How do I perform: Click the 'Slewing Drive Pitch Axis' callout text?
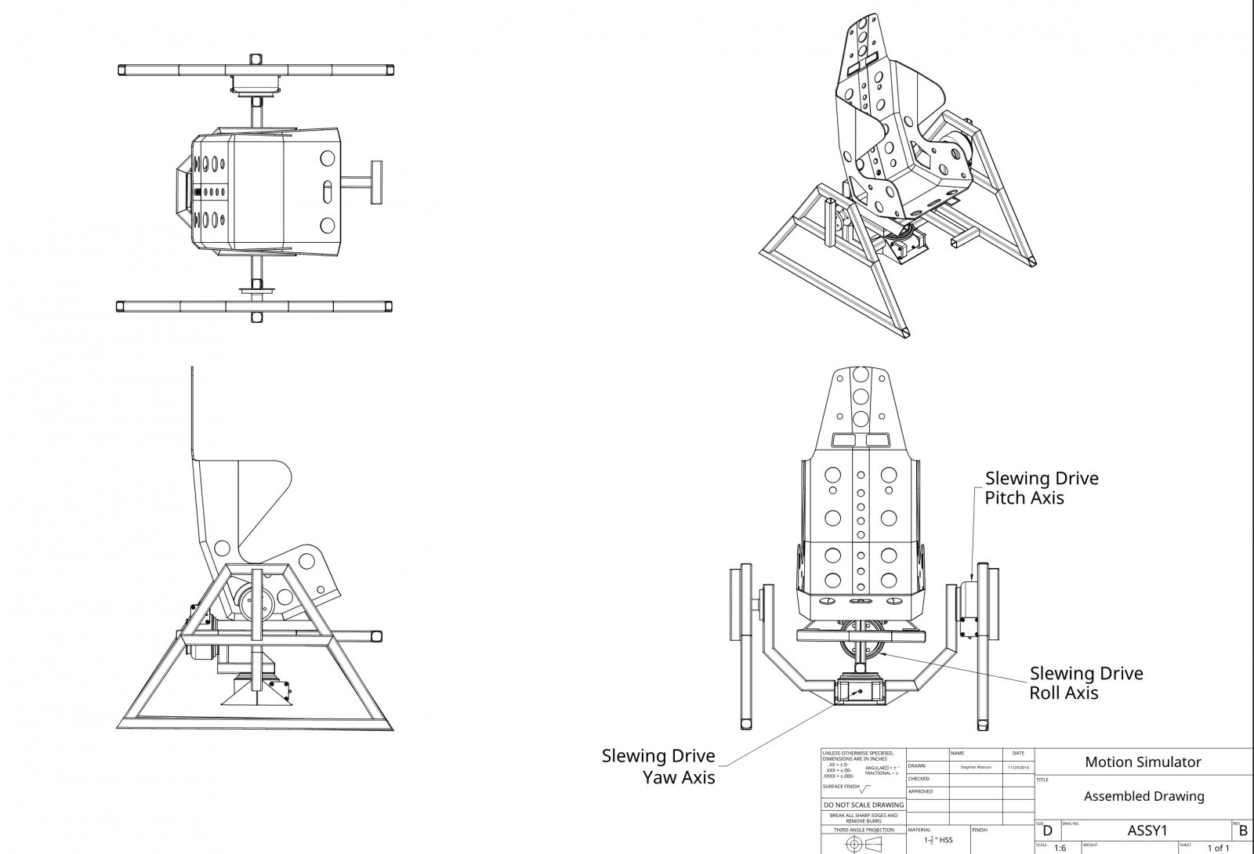pos(1041,487)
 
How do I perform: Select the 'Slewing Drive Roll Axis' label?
pos(1085,682)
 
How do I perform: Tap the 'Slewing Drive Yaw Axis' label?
pos(658,766)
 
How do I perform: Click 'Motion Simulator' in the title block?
pos(1143,762)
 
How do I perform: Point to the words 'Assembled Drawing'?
pos(1143,796)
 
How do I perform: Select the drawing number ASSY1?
pos(1148,830)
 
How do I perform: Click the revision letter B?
pos(1244,832)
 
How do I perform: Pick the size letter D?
pos(1047,832)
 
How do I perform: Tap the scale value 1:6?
pos(1060,849)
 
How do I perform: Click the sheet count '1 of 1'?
pos(1218,849)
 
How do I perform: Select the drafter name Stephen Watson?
pos(974,767)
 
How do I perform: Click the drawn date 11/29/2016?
pos(1019,767)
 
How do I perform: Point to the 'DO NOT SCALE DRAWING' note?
pos(864,805)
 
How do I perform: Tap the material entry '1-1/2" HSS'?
pos(938,840)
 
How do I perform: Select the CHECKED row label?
pos(919,779)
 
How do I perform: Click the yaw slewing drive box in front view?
pos(859,692)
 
